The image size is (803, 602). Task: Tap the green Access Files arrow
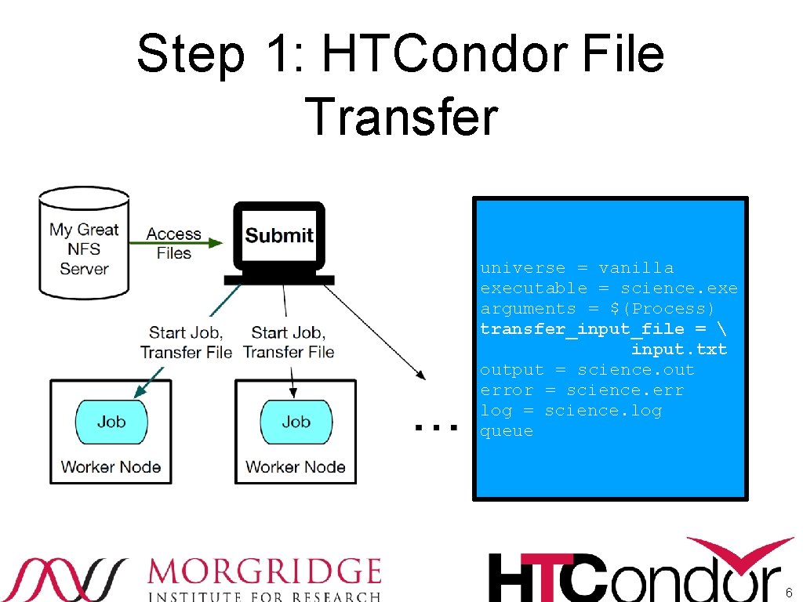coord(188,243)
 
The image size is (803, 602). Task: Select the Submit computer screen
coord(279,235)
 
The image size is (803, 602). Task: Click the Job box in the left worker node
coord(111,422)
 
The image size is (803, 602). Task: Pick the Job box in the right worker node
coord(296,422)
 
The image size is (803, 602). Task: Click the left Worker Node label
coord(111,467)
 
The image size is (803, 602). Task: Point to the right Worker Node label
coord(295,467)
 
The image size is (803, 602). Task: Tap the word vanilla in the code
coord(636,268)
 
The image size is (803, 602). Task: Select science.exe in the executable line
coord(679,288)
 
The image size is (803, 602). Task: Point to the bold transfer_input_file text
coord(582,329)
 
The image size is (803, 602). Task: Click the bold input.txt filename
coord(679,350)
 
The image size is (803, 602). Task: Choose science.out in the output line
coord(636,370)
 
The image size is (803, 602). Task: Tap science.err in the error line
coord(625,390)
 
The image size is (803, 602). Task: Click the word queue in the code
coord(507,431)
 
